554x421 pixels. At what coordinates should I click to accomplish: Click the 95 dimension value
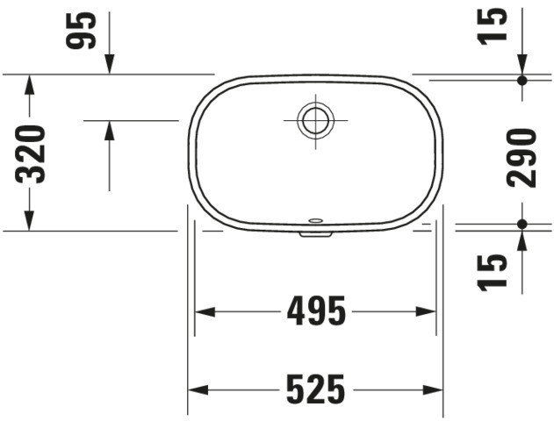coord(81,31)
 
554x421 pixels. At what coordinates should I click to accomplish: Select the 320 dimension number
coord(31,154)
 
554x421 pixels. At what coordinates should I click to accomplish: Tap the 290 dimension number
coord(522,158)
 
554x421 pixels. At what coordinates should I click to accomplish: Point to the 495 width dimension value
coord(316,311)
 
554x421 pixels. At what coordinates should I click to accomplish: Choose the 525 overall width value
coord(315,389)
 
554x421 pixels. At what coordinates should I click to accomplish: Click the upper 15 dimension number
coord(492,27)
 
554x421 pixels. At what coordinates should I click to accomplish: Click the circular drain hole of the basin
coord(315,120)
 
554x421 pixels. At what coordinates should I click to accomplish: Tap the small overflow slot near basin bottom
coord(315,221)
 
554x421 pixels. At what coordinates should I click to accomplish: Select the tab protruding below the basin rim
coord(315,234)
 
